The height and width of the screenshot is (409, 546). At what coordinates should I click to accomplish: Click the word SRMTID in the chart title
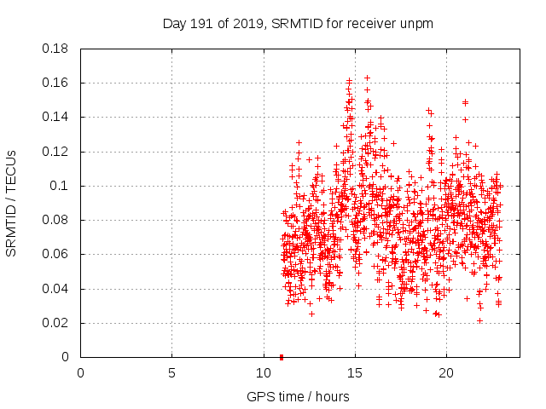click(298, 24)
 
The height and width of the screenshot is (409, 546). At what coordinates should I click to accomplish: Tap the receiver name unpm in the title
click(416, 24)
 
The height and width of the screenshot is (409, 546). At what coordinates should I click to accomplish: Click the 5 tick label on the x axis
click(171, 373)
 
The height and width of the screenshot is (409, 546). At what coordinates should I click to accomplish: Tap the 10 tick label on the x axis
click(263, 373)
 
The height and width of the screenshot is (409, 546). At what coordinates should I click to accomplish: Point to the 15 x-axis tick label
click(354, 373)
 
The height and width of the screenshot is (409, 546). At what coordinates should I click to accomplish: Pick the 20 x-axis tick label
click(445, 373)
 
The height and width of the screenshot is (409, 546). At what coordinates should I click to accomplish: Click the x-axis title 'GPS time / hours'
click(298, 396)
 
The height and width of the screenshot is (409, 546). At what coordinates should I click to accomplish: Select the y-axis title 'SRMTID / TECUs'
click(11, 203)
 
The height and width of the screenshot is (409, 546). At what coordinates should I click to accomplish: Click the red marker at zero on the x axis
click(282, 356)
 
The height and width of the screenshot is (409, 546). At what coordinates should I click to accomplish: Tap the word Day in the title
click(174, 24)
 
